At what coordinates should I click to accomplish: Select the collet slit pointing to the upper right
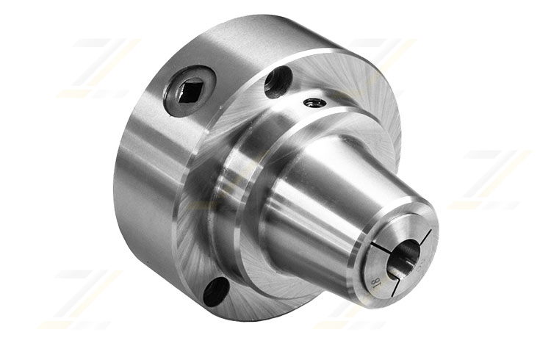click(425, 237)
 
